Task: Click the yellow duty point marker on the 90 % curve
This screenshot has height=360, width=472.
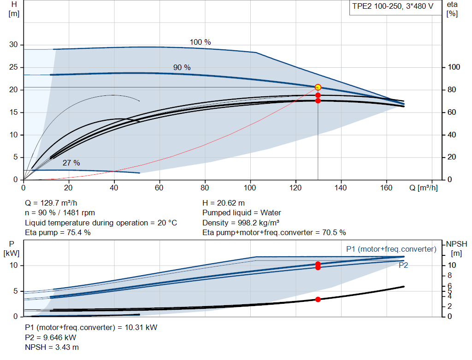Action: click(x=318, y=87)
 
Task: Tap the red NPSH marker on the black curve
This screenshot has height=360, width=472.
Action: click(x=318, y=299)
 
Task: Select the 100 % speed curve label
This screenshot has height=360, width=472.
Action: click(x=200, y=42)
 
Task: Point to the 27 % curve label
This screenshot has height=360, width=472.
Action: click(x=71, y=163)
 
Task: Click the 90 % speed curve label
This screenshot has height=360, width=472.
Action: click(x=182, y=67)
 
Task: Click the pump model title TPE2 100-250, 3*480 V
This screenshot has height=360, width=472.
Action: click(x=393, y=6)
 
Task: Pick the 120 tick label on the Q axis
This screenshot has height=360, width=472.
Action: click(x=295, y=188)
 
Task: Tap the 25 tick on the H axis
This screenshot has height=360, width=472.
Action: click(x=13, y=67)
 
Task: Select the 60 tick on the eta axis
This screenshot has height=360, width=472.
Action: click(x=452, y=112)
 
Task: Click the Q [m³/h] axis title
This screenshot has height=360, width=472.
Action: click(x=424, y=188)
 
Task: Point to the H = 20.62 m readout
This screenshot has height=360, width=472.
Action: click(x=224, y=203)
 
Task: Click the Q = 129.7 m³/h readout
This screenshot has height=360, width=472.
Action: click(x=51, y=203)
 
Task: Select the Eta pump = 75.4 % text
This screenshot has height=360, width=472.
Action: click(x=58, y=233)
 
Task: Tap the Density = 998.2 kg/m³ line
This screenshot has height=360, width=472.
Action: click(x=241, y=223)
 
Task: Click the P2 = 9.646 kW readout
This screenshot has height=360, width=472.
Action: click(x=51, y=337)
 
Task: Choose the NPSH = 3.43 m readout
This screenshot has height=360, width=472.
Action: click(x=52, y=348)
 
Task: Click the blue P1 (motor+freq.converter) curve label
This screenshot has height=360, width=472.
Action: click(x=391, y=249)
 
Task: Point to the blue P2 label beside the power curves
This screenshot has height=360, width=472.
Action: click(x=403, y=265)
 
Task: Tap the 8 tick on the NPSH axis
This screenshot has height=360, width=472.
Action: click(x=450, y=276)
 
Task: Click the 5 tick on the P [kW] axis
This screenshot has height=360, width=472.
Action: click(x=16, y=291)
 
